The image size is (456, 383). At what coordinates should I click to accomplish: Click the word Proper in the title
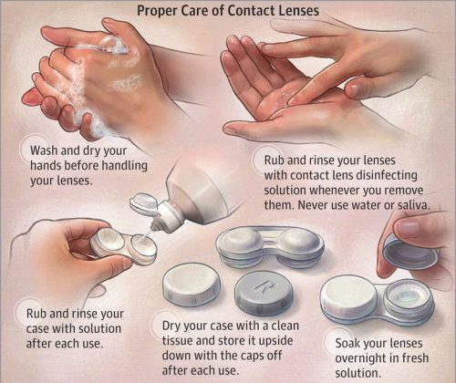pyautogui.click(x=158, y=11)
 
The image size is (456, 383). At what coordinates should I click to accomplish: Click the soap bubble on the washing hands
pyautogui.click(x=111, y=45)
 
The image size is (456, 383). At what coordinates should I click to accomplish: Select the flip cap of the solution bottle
pyautogui.click(x=144, y=202)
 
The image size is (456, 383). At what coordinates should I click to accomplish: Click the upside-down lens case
pyautogui.click(x=270, y=247)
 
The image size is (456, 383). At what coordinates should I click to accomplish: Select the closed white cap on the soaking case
pyautogui.click(x=349, y=295)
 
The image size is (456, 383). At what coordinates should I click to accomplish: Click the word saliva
pyautogui.click(x=413, y=205)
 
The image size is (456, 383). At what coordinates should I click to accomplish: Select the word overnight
pyautogui.click(x=361, y=358)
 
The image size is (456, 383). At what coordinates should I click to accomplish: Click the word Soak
pyautogui.click(x=347, y=344)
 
